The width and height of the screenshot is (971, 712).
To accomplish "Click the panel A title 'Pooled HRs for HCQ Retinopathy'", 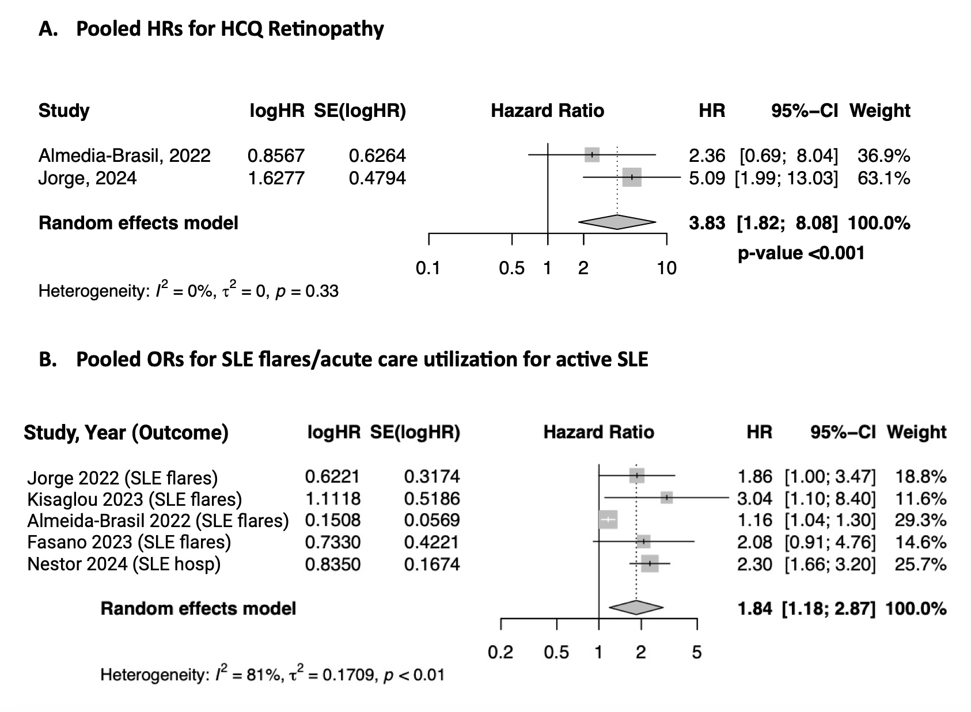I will pos(230,29).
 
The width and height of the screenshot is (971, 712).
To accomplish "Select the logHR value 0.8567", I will pos(276,156).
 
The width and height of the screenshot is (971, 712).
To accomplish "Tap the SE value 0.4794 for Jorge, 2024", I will pos(377,178).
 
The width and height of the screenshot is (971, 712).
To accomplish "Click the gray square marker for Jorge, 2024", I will pos(631,178).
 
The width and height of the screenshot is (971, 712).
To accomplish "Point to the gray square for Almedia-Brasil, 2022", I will pos(591,154).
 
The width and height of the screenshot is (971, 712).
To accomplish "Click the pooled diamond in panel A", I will pos(617,222).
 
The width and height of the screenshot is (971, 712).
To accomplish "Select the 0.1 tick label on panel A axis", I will pos(427,268).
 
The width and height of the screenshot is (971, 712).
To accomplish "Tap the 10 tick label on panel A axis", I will pos(666,268).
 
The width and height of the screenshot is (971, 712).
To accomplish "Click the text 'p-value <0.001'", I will pos(801,253).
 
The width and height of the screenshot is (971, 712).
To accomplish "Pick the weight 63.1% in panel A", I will pos(883,178).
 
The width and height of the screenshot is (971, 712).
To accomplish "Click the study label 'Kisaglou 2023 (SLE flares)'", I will pos(135,499).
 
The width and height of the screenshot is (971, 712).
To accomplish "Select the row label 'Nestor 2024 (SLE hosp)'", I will pos(124,563).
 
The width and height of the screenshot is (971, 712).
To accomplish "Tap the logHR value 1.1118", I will pos(332,498).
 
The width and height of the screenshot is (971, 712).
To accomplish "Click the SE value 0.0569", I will pos(432,520).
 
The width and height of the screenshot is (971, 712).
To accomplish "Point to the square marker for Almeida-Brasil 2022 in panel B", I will pos(608,520).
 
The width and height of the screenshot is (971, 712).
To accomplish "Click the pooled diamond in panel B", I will pos(636,607).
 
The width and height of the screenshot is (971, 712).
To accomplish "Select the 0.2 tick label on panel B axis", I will pos(500,652).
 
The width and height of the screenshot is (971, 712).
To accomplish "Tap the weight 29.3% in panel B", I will pos(920,520).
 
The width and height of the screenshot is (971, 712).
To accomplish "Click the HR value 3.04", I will pos(754,498).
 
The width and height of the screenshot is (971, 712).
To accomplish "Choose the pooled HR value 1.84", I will pos(754,608).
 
